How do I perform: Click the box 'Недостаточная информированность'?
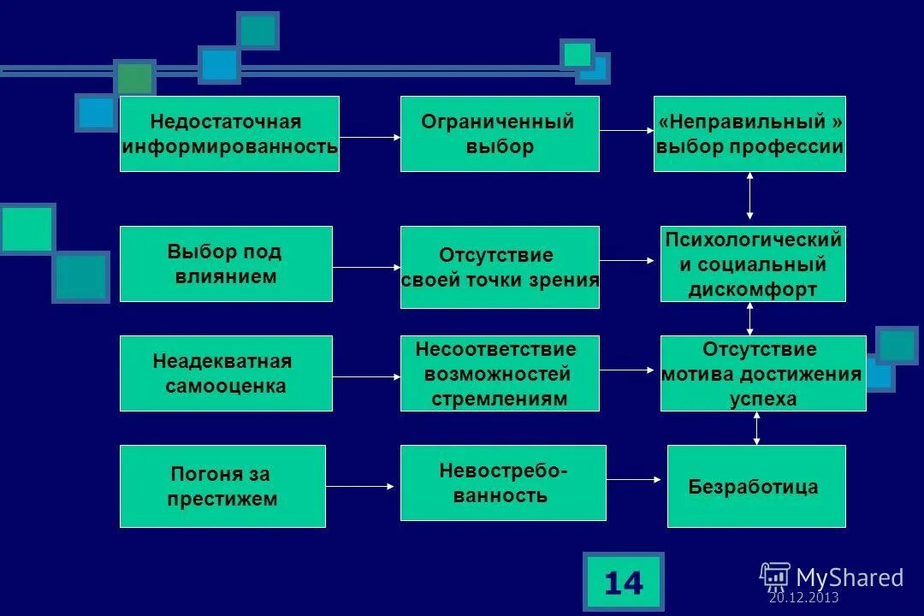coord(229,133)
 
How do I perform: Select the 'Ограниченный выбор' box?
coord(500,133)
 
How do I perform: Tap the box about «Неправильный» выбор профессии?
coord(749,133)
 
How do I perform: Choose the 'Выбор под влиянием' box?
coord(226,264)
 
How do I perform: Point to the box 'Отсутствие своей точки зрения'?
coord(500,267)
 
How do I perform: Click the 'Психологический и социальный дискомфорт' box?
coord(753,264)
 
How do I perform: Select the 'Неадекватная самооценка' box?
coord(226,373)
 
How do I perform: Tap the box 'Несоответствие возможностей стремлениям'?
coord(500,373)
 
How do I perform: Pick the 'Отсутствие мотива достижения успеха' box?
coord(762,373)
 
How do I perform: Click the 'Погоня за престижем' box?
coord(222,486)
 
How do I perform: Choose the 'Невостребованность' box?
coord(503,483)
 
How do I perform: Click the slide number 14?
coord(623,583)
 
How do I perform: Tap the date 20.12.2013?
coord(803,598)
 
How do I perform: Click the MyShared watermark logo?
coord(832,577)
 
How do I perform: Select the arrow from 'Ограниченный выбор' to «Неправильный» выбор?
coord(626,131)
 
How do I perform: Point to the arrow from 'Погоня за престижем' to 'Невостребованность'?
coord(360,487)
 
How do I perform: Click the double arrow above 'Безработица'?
coord(756,428)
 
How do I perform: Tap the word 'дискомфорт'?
coord(753,289)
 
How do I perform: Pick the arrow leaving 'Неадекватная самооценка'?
coord(366,376)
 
